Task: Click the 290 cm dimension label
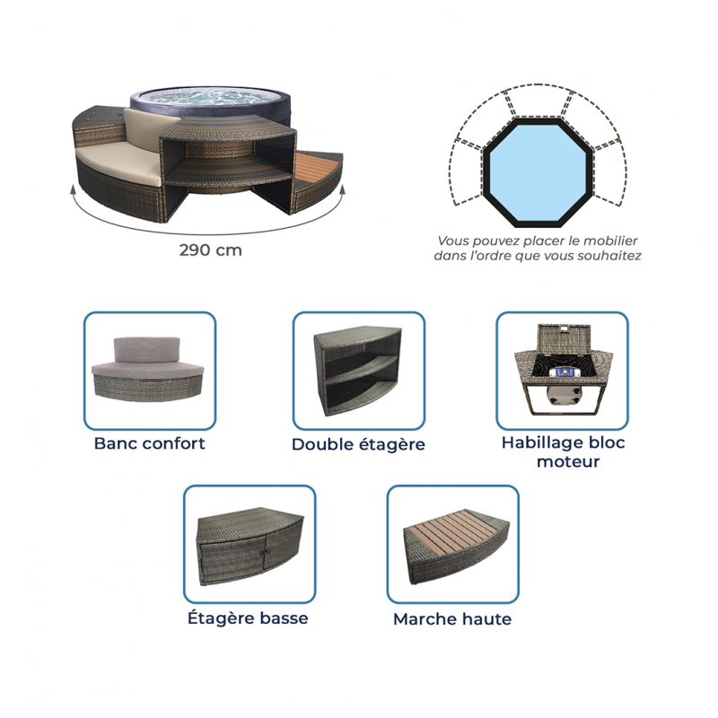210,250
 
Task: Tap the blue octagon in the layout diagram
538,171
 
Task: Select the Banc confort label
149,443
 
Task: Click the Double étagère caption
358,444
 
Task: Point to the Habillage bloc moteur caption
564,451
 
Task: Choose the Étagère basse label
248,617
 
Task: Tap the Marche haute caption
452,618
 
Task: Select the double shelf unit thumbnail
357,370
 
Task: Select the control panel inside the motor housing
562,372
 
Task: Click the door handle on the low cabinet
263,552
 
